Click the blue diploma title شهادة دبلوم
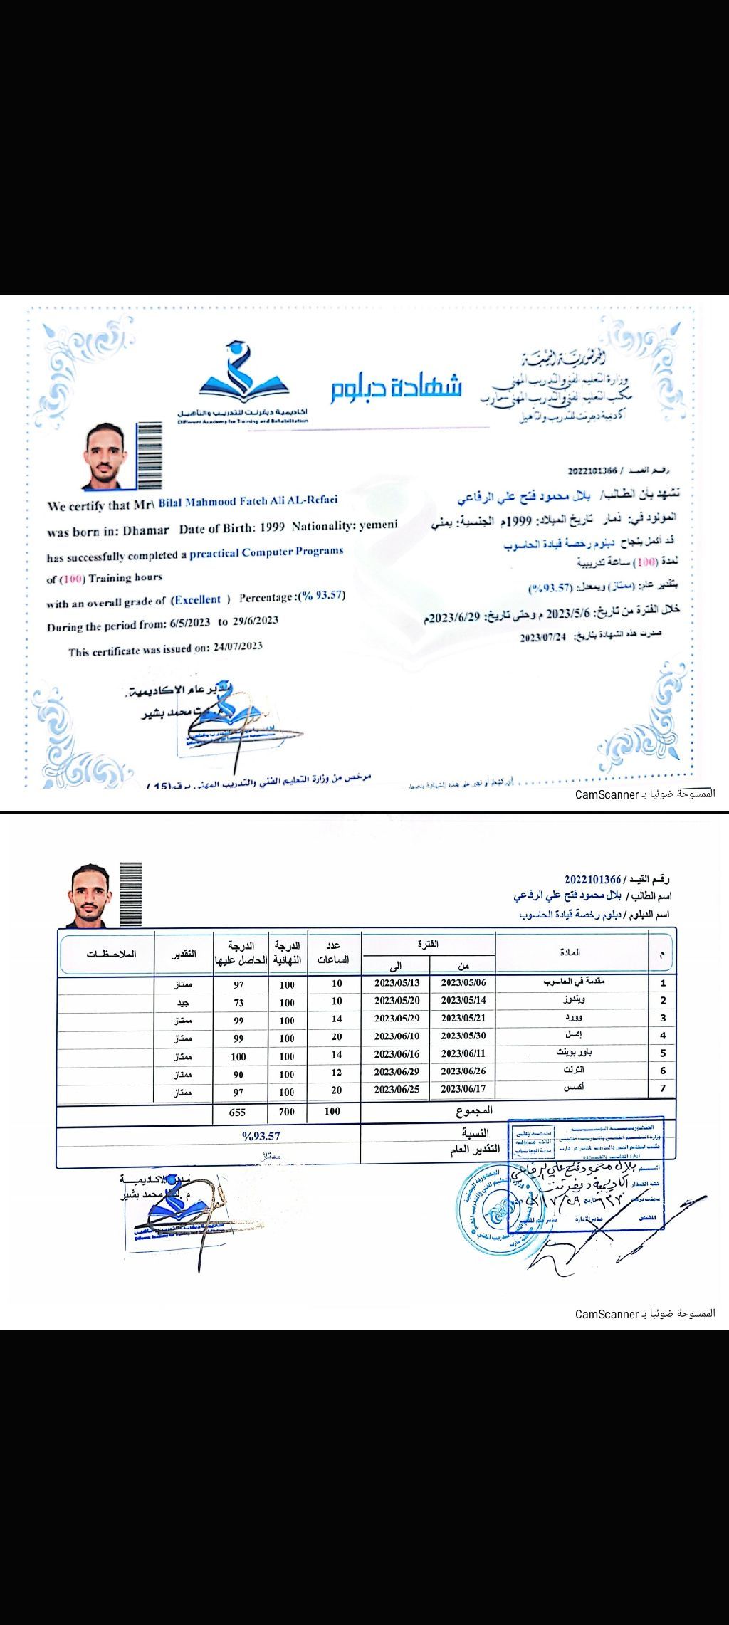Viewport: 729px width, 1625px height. [396, 386]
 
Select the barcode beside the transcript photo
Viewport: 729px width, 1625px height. [130, 894]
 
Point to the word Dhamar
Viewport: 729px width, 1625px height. [145, 530]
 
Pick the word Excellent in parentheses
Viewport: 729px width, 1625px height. [198, 600]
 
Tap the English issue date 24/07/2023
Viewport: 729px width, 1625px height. [238, 647]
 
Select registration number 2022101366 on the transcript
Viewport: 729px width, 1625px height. [593, 879]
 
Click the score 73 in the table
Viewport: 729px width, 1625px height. [238, 1003]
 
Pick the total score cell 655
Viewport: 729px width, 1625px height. [237, 1112]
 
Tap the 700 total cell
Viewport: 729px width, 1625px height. [286, 1112]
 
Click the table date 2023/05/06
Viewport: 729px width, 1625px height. [463, 982]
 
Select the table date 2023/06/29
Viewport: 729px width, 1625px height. [397, 1071]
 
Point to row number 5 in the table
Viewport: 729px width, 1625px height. [663, 1053]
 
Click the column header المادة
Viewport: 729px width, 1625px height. [570, 952]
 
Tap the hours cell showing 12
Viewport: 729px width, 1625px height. [337, 1072]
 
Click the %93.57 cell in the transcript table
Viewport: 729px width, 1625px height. [261, 1136]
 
